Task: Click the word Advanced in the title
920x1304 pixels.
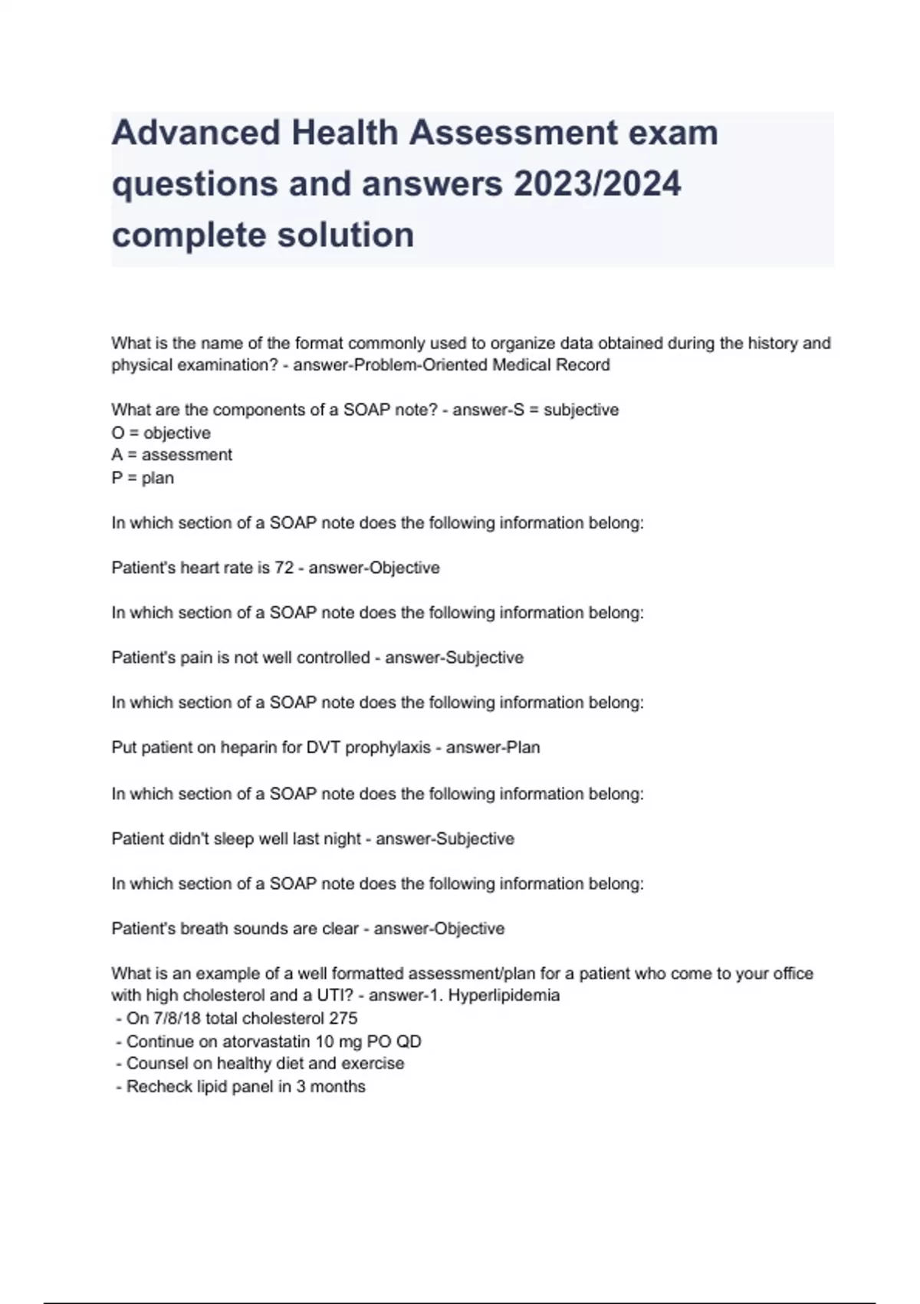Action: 195,133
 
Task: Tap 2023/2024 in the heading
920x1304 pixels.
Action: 597,184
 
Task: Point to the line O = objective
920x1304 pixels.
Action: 161,433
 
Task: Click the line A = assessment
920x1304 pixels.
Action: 172,455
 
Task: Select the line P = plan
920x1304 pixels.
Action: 143,478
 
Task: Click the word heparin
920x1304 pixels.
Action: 248,748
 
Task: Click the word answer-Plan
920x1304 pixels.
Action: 493,748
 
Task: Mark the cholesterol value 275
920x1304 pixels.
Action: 343,1019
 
